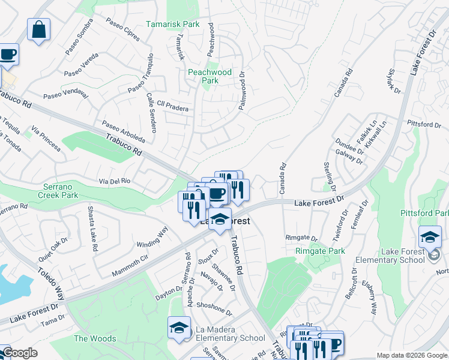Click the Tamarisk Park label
point(173,25)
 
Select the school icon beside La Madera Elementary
point(178,328)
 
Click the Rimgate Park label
point(319,251)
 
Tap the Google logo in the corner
point(19,353)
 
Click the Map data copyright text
point(412,355)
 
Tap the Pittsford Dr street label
point(424,124)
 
